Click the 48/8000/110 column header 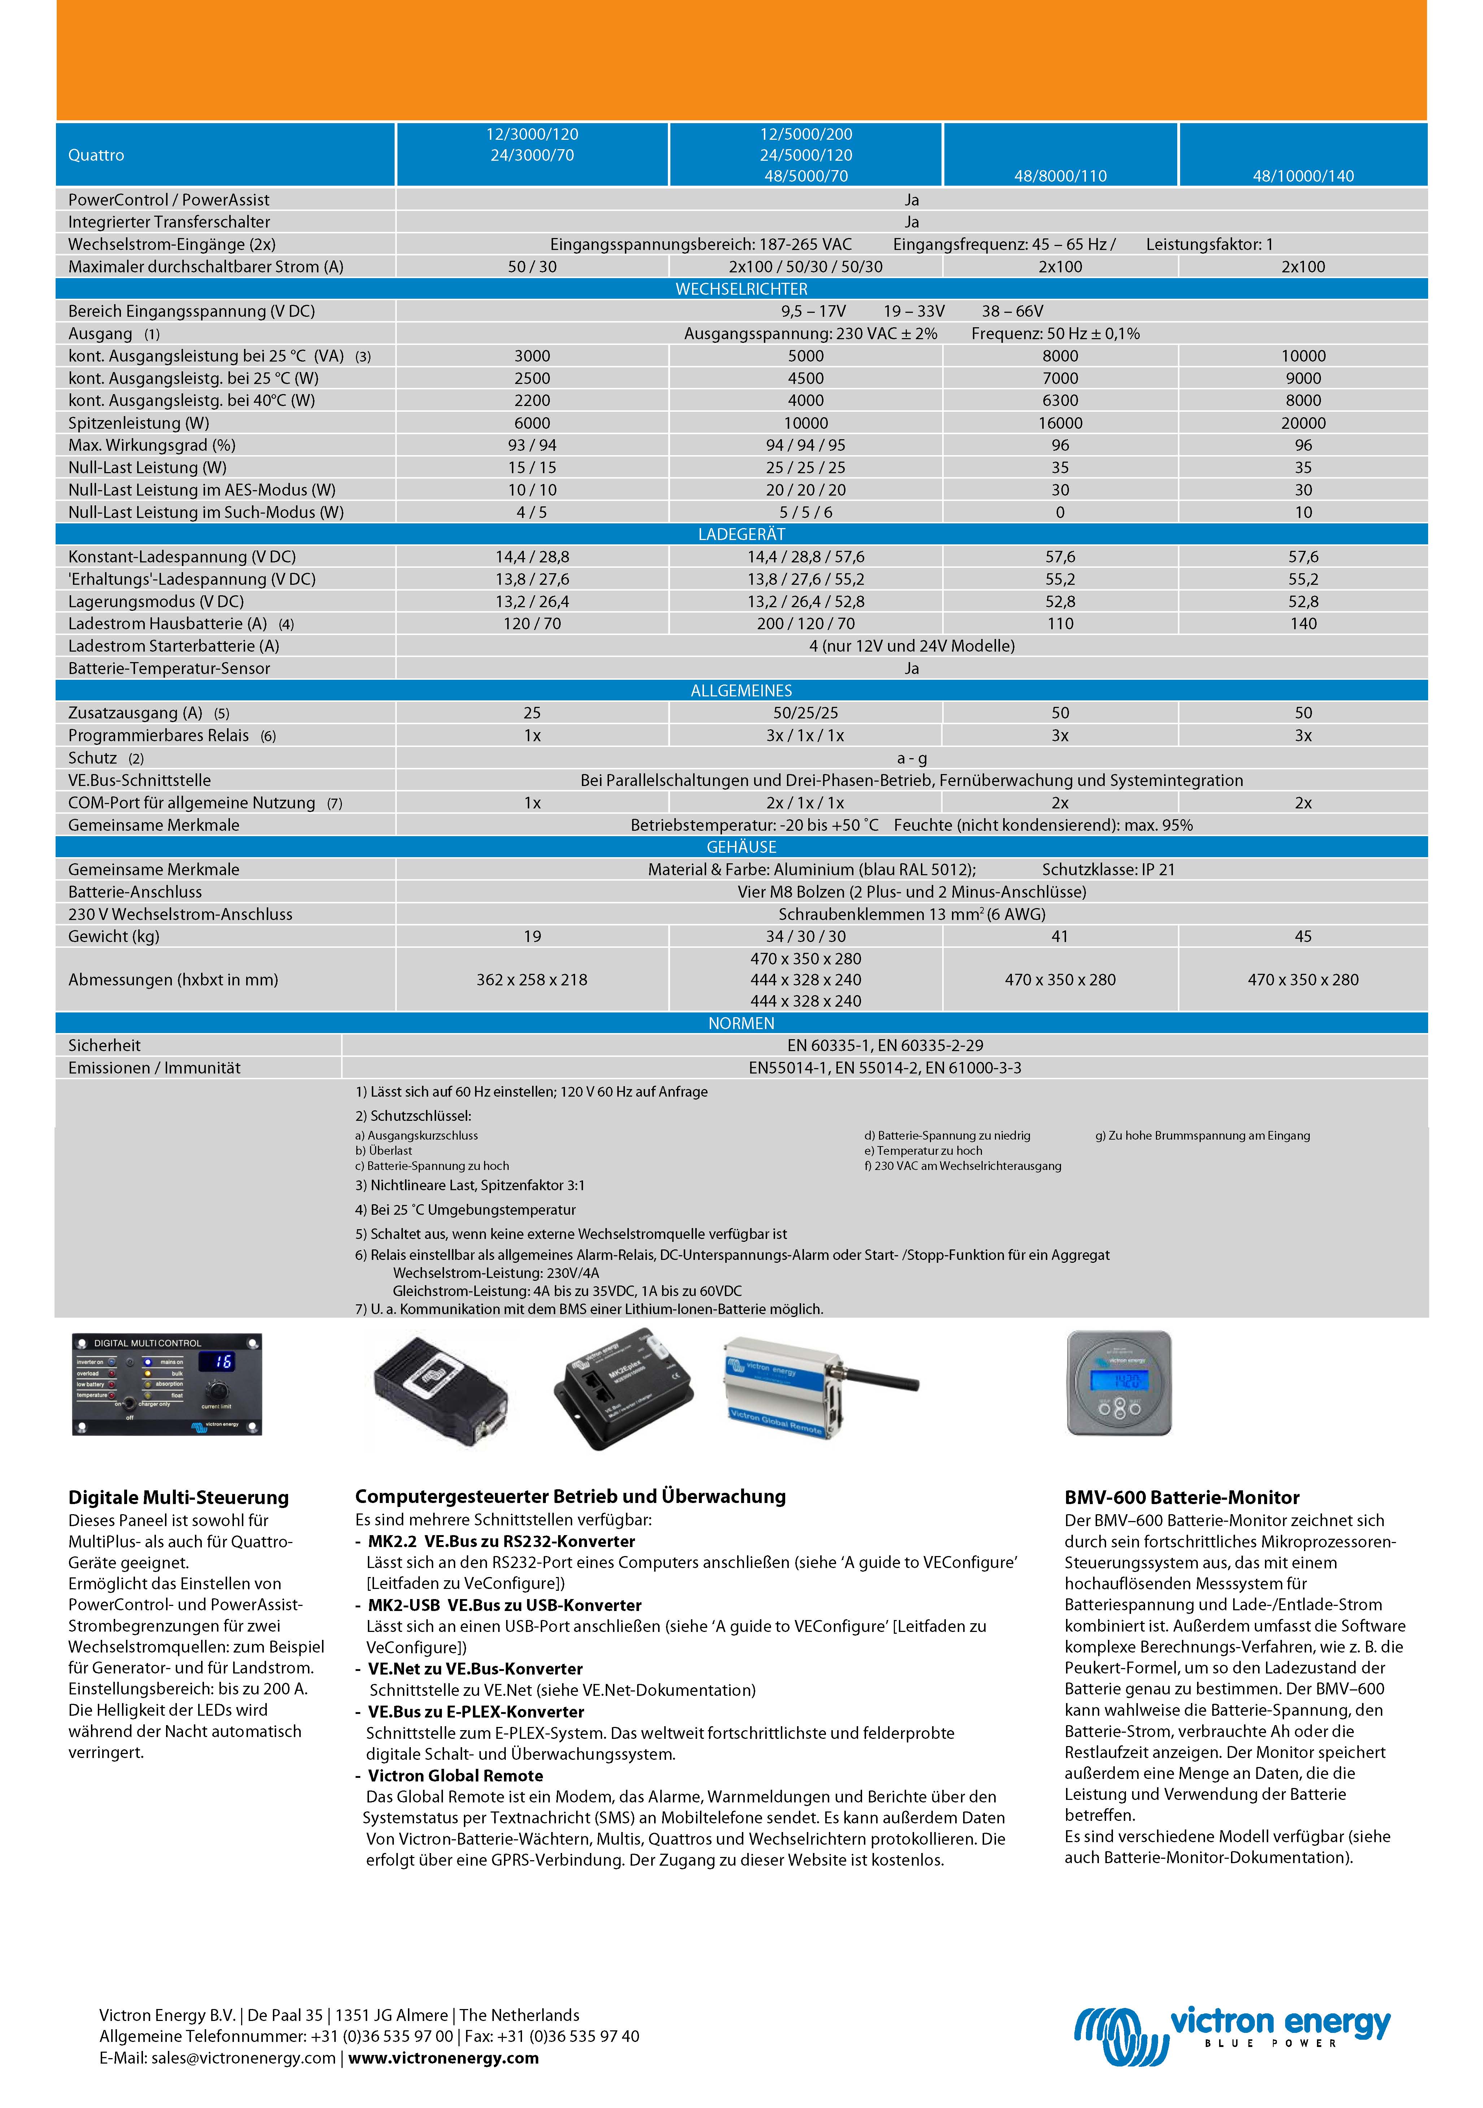point(1060,175)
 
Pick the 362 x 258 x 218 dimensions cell point(531,980)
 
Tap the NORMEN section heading point(741,1023)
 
